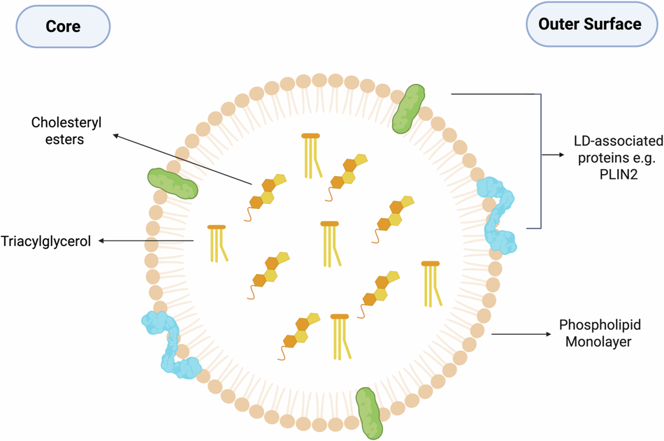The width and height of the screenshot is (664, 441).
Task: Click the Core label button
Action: tap(63, 27)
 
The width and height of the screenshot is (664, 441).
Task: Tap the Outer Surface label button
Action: tap(591, 24)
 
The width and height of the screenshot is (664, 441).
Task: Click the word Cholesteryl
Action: tap(66, 123)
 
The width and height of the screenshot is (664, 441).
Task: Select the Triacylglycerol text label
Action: tap(45, 241)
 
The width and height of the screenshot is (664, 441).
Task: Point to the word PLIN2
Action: tap(619, 174)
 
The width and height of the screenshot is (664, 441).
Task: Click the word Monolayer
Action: tap(598, 342)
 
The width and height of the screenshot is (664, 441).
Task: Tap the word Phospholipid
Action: tap(600, 325)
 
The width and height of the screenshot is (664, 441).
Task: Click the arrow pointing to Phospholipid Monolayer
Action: tap(521, 334)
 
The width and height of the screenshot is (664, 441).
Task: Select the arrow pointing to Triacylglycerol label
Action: tap(146, 241)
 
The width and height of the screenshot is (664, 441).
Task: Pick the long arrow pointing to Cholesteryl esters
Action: tap(182, 159)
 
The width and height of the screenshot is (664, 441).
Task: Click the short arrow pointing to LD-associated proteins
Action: tap(553, 155)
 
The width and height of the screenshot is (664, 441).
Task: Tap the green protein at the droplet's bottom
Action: tap(369, 412)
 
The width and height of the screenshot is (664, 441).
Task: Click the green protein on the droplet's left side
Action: tap(173, 183)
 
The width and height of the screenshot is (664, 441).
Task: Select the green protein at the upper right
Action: tap(408, 109)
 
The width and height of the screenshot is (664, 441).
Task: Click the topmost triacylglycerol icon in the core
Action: tap(311, 156)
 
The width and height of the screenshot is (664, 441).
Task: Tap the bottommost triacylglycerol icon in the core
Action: tap(340, 337)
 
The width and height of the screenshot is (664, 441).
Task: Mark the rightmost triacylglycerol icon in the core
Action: tap(431, 284)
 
